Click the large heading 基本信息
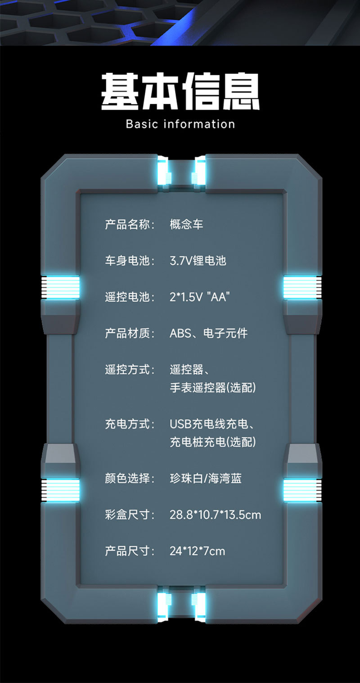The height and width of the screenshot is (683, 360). point(180,91)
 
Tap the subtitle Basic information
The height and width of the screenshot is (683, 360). point(180,124)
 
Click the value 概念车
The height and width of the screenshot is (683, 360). point(186,224)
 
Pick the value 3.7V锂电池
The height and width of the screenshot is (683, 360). point(198,261)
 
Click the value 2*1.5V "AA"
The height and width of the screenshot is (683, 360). point(200,297)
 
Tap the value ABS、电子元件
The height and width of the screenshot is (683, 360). point(208,334)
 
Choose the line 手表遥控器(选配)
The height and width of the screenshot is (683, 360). point(212,388)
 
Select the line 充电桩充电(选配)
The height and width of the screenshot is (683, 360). point(212,442)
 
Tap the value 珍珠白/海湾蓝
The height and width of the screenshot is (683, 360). point(205,478)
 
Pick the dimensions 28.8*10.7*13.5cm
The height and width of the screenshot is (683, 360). point(215,515)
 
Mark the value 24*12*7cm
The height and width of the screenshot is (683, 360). point(197,551)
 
